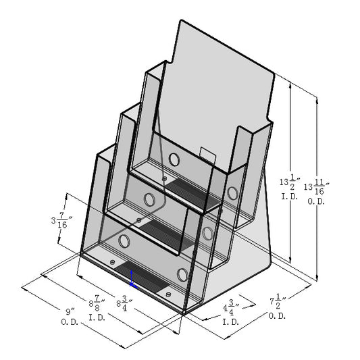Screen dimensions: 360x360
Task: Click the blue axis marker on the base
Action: pos(132,280)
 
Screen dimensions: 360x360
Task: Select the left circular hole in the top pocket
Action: pos(174,160)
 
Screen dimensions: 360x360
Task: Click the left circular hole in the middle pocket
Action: pos(149,200)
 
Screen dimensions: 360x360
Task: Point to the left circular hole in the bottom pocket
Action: pos(124,240)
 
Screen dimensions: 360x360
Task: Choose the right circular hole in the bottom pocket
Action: pos(182,274)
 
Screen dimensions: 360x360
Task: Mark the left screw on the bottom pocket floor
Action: pos(112,261)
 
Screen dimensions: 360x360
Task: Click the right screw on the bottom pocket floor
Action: pos(167,294)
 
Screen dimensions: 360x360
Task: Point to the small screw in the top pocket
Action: pos(165,179)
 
